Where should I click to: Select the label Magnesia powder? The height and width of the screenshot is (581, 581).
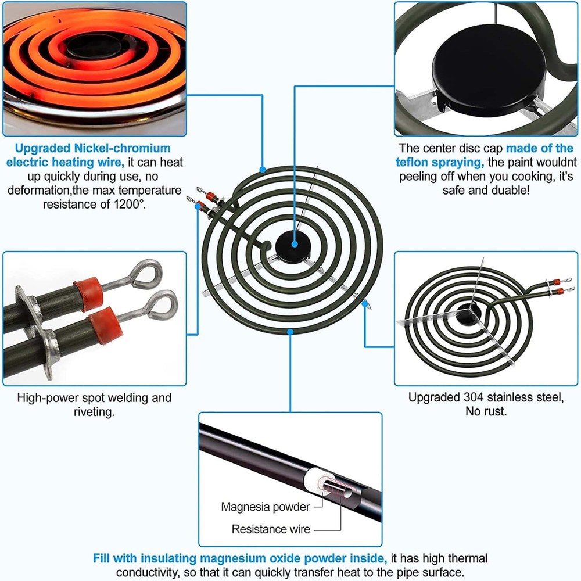pyautogui.click(x=265, y=507)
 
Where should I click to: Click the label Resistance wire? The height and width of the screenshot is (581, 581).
pyautogui.click(x=271, y=529)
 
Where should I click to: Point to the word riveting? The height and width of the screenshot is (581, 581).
pyautogui.click(x=94, y=412)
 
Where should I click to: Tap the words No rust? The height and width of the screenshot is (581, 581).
pyautogui.click(x=485, y=411)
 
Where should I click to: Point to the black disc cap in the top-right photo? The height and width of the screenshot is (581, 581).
pyautogui.click(x=487, y=77)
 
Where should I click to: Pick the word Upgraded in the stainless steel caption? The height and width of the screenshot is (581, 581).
pyautogui.click(x=433, y=398)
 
